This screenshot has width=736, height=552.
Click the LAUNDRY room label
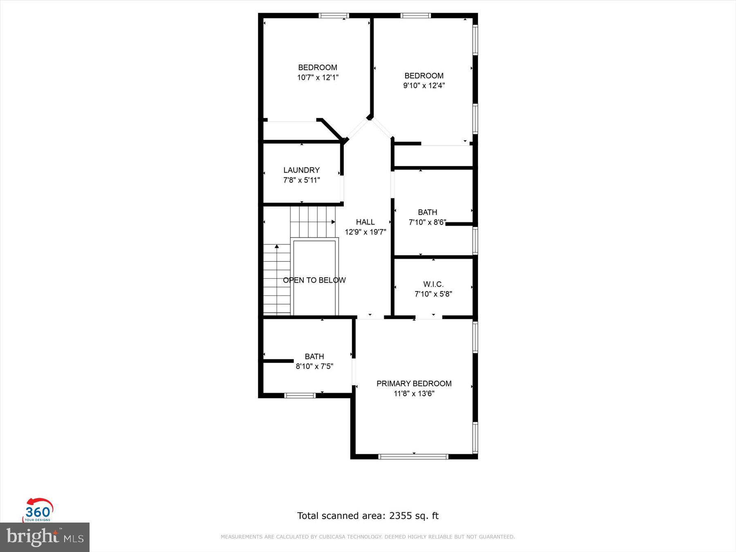[301, 170]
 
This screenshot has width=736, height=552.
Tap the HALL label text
[365, 222]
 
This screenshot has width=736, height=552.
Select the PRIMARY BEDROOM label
[414, 384]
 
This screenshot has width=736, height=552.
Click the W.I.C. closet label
[433, 284]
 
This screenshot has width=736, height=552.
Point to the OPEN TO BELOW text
[314, 280]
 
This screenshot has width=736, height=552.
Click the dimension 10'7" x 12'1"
[318, 77]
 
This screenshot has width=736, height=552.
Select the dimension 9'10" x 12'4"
[424, 85]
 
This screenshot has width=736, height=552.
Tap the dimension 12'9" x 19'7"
[365, 232]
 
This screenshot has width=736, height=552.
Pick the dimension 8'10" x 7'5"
[314, 366]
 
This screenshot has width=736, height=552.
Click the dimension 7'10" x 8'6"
[427, 222]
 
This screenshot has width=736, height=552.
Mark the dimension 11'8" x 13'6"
[414, 393]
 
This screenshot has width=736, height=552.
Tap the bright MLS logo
[45, 537]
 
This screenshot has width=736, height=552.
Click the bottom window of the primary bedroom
[413, 456]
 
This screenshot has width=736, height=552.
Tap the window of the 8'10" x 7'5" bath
[300, 395]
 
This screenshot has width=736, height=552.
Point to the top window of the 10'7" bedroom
[334, 16]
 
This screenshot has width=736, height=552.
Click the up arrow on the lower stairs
[277, 247]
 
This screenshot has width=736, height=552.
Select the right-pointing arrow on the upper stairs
[333, 222]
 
